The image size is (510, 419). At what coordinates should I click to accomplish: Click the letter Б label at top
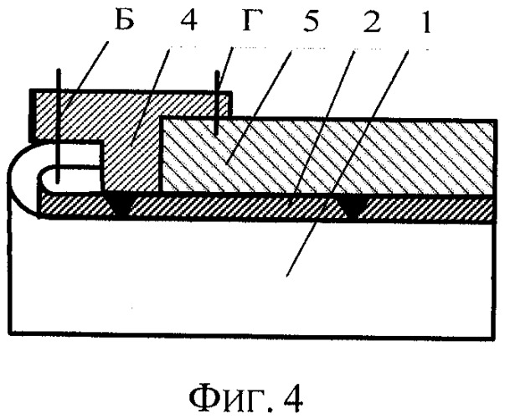(x=125, y=18)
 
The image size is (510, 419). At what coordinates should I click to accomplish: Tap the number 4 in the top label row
(x=188, y=19)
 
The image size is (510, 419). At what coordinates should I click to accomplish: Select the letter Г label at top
(x=252, y=19)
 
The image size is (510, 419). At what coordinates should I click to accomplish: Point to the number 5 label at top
(x=310, y=20)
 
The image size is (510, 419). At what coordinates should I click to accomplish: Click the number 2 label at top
(x=372, y=20)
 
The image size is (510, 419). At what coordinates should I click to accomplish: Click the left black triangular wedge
(x=120, y=204)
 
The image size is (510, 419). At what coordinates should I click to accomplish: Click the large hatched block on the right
(x=328, y=156)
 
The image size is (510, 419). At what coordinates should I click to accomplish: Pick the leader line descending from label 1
(x=347, y=163)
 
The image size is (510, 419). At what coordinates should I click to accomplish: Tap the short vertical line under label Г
(x=216, y=103)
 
